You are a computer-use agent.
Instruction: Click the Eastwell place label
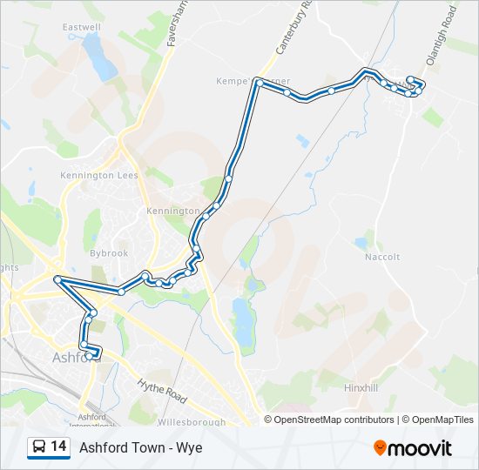[x=82, y=27]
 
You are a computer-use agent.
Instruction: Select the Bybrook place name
[x=109, y=253]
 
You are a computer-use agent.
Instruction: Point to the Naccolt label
[x=382, y=257]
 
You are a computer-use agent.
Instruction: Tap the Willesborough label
[x=191, y=422]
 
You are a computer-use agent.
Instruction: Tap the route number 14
[x=58, y=446]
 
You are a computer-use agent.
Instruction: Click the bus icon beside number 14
[x=39, y=447]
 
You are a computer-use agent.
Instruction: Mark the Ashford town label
[x=71, y=357]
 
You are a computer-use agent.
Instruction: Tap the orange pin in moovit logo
[x=380, y=447]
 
